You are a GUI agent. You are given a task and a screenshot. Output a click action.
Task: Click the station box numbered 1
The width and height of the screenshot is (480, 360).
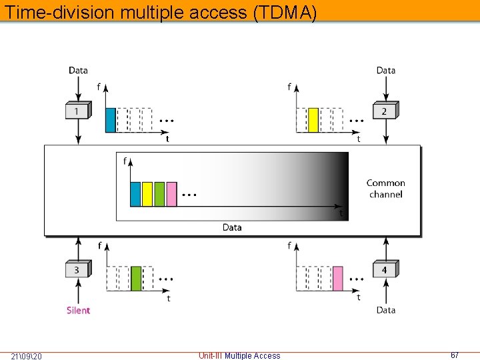[78, 111]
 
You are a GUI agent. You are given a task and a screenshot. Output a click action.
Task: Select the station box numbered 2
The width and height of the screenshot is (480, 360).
[385, 111]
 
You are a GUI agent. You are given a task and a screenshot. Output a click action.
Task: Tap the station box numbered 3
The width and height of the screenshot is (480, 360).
[78, 269]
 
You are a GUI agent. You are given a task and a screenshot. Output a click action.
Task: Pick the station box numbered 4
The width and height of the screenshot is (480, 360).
[385, 269]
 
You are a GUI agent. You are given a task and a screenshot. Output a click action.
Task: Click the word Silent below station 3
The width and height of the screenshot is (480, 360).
[78, 310]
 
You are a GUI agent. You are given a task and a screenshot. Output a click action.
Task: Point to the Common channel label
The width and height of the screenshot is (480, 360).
[385, 189]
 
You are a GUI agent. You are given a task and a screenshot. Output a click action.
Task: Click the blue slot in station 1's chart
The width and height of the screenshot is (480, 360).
[111, 120]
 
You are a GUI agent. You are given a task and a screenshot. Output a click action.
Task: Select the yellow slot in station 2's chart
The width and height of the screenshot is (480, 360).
[313, 120]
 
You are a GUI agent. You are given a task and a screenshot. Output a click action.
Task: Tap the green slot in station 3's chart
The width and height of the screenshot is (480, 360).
[136, 278]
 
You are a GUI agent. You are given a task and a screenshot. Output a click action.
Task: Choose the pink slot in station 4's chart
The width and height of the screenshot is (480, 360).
[338, 278]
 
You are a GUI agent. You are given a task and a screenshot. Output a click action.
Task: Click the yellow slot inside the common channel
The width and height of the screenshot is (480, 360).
[147, 193]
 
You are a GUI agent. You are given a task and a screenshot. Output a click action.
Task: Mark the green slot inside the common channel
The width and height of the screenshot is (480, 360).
[159, 193]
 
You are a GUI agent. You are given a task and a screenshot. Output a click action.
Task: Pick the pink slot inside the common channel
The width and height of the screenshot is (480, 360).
[171, 193]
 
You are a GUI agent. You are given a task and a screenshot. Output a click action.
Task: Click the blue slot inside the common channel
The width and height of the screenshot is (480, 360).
[135, 193]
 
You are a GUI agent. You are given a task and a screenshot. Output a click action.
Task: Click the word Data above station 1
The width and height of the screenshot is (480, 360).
[78, 70]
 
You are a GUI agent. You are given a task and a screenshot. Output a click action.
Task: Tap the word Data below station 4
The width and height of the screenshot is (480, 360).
[385, 310]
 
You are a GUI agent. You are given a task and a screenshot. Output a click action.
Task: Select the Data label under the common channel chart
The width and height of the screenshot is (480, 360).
[232, 227]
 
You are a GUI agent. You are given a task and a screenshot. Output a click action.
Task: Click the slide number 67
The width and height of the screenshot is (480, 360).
[455, 355]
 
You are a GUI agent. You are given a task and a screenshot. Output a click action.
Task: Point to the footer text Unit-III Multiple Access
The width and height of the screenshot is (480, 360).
[239, 355]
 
